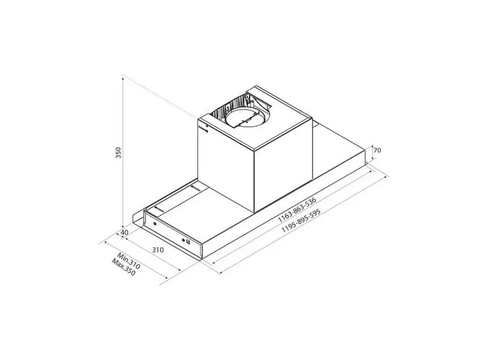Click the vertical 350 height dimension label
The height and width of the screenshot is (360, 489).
pos(118,153)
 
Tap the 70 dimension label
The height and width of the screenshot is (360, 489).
pos(377,150)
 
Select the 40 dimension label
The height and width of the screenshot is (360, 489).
pos(124,232)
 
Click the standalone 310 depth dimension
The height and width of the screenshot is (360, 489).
pos(158,250)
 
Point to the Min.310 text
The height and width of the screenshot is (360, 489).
pos(128,261)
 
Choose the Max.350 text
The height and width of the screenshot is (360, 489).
pos(124,267)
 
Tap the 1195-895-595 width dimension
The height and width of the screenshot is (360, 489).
pos(301,220)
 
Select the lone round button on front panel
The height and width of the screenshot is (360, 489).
pos(155,224)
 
